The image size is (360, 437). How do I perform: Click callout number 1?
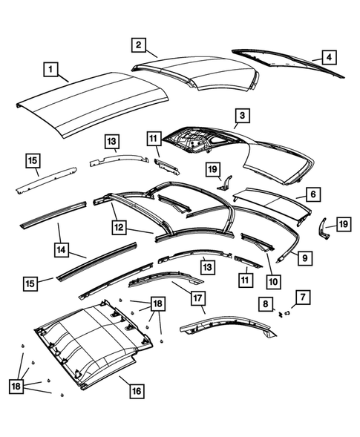tap(50, 70)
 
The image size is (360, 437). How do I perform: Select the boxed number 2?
tap(138, 45)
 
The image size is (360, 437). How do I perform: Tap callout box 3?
tap(242, 116)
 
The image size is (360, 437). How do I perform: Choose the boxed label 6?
tap(312, 194)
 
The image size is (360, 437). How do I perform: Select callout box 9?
tap(304, 258)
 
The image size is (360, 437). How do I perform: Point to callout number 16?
tap(137, 390)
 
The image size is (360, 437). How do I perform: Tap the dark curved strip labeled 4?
tap(289, 63)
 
